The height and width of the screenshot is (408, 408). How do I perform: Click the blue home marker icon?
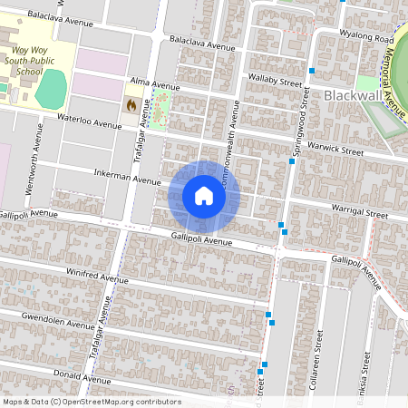204,196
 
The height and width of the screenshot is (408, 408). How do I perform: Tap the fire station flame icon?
131,106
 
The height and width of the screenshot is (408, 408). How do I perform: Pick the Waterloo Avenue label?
89,121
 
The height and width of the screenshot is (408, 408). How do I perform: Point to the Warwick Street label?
335,150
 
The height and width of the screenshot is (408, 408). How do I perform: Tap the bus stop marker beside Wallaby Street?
311,71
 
